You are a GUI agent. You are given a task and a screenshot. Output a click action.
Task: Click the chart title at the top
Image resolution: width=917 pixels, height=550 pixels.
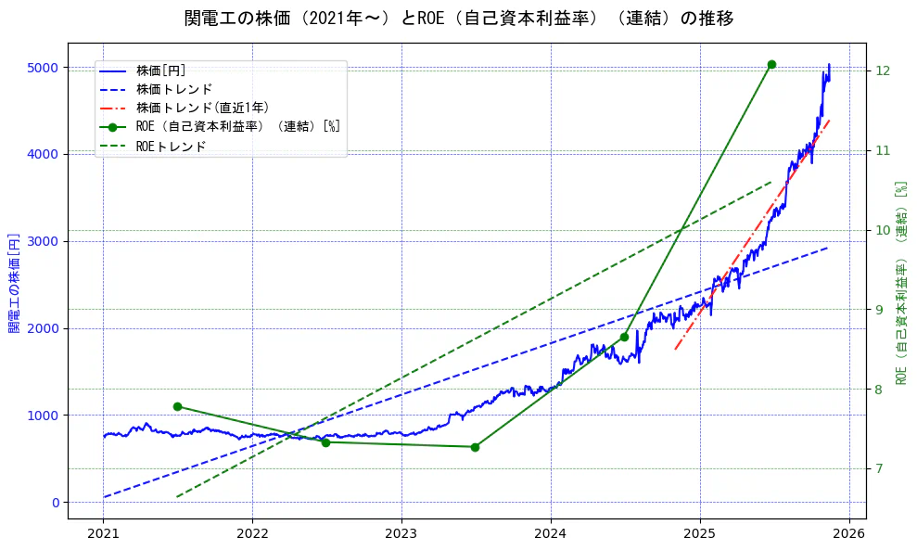(x=459, y=19)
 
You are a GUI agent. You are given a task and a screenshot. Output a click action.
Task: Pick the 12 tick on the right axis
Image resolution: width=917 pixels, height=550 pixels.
(x=882, y=71)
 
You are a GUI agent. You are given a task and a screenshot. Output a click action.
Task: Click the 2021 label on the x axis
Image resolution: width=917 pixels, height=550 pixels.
(x=104, y=533)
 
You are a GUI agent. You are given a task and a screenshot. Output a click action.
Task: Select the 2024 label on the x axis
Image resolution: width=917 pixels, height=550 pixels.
(x=551, y=533)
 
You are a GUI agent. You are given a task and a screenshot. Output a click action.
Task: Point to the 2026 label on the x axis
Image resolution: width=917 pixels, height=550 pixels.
(x=848, y=533)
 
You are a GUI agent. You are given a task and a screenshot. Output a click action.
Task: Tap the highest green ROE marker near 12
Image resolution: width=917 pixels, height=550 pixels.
(x=771, y=64)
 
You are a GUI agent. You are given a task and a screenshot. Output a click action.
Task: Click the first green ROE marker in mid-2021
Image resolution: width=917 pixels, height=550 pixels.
(x=177, y=406)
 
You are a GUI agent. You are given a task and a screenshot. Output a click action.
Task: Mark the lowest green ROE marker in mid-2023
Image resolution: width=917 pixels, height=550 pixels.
(x=475, y=447)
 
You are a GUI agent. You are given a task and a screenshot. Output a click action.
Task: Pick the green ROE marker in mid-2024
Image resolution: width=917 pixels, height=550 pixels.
(x=624, y=337)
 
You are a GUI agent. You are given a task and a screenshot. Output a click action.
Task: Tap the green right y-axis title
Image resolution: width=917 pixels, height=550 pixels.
(x=901, y=282)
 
